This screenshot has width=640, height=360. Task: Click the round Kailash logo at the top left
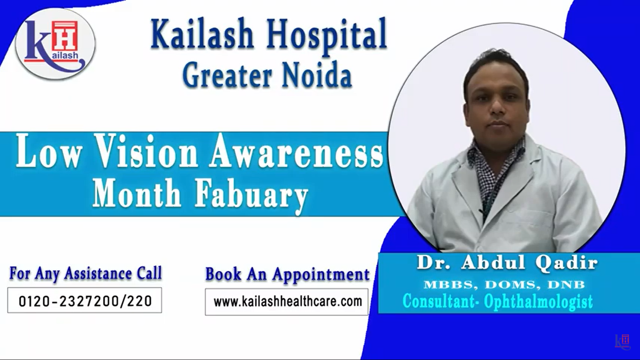pyautogui.click(x=55, y=44)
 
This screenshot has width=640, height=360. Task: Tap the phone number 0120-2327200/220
pyautogui.click(x=85, y=301)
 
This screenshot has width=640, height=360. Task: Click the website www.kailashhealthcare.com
pyautogui.click(x=288, y=302)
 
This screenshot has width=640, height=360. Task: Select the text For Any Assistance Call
pyautogui.click(x=86, y=273)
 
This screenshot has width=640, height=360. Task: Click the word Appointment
pyautogui.click(x=321, y=274)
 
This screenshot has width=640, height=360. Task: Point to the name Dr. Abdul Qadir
pyautogui.click(x=507, y=262)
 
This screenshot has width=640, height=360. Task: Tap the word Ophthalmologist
pyautogui.click(x=538, y=302)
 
